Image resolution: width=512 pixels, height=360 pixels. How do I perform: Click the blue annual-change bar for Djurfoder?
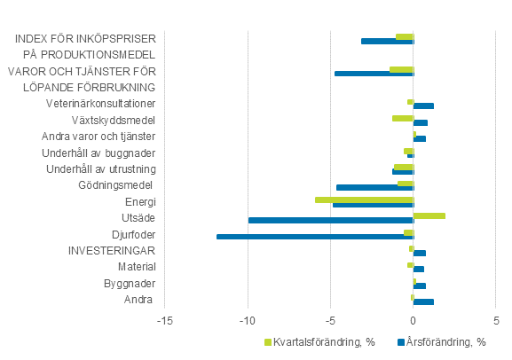click(315, 237)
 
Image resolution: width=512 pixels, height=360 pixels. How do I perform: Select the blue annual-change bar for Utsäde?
click(331, 220)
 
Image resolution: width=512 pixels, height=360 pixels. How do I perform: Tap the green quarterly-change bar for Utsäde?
click(429, 215)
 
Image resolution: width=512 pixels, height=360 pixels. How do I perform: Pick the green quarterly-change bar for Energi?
click(365, 200)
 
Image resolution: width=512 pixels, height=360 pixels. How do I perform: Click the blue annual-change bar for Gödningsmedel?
click(375, 187)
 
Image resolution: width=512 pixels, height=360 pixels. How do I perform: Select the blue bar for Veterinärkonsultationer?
click(423, 106)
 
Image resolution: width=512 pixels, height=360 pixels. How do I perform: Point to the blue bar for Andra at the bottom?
click(423, 302)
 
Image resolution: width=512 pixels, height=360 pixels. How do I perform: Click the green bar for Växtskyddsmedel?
click(403, 118)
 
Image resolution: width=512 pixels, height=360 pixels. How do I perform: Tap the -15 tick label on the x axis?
click(164, 321)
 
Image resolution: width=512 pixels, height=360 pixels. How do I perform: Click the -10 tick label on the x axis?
click(248, 321)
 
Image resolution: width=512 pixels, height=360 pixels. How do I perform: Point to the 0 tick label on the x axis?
click(414, 321)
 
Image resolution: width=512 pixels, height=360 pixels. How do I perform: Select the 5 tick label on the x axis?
click(496, 321)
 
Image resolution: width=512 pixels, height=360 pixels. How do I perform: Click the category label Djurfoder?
click(135, 234)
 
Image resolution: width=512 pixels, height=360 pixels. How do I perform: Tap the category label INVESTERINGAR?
click(113, 251)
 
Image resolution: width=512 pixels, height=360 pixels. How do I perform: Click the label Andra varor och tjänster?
click(99, 136)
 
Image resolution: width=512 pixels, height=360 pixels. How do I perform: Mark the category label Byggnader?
click(132, 284)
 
